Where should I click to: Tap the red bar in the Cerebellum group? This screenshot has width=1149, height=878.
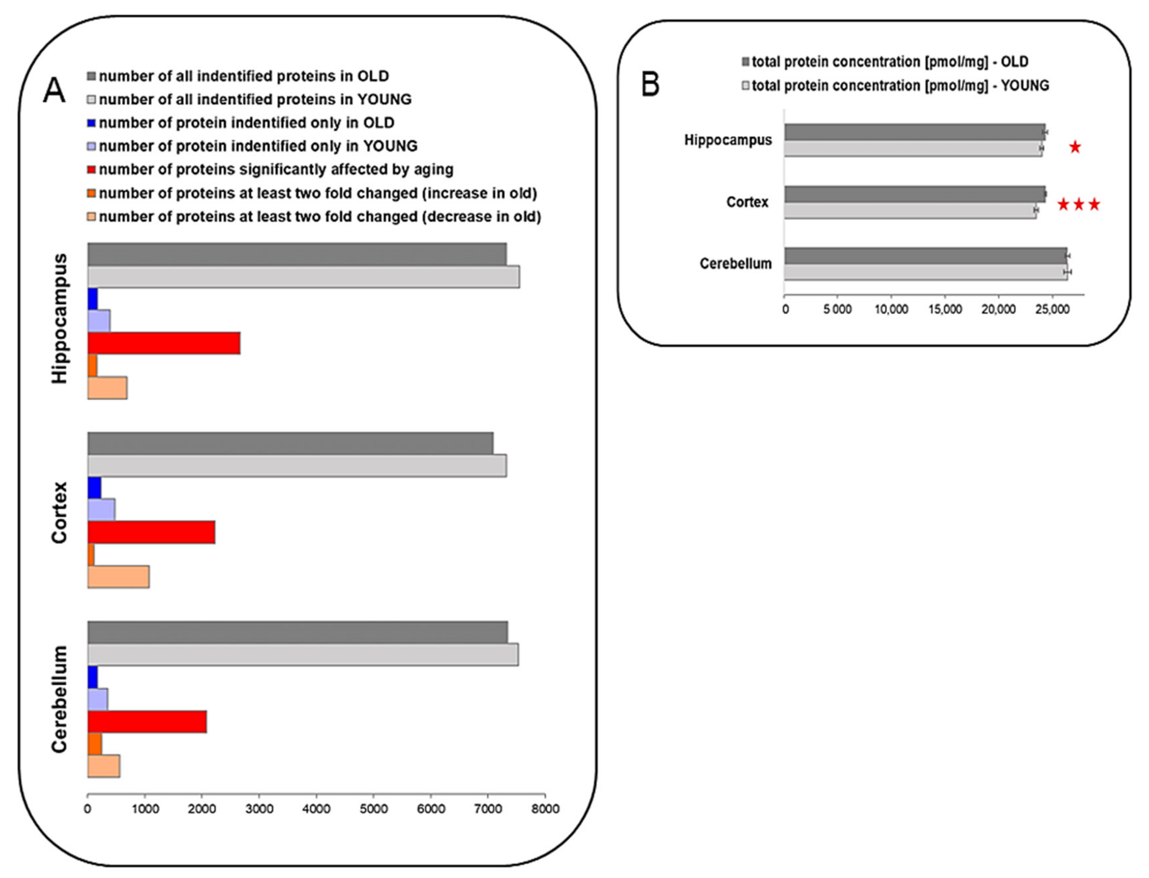[147, 722]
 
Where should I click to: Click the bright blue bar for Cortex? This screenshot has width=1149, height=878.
[94, 488]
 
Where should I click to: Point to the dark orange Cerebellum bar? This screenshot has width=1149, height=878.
[95, 744]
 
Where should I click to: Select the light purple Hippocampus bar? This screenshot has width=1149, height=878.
[99, 321]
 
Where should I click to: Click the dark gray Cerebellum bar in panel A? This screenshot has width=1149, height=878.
[298, 632]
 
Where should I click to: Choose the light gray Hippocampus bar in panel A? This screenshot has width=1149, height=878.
[303, 277]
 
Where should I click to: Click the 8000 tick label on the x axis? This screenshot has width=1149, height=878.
[545, 809]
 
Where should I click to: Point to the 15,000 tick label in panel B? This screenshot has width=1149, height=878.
[945, 309]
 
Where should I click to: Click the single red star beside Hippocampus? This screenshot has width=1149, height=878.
[1075, 147]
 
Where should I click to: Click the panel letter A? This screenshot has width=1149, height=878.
[54, 91]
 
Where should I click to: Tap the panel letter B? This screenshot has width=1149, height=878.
[650, 85]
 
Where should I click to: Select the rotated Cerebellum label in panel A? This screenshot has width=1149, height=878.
[60, 699]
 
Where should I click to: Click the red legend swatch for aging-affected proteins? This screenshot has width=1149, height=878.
[92, 170]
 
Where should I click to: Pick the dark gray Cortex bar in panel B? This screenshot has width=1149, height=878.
[915, 194]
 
